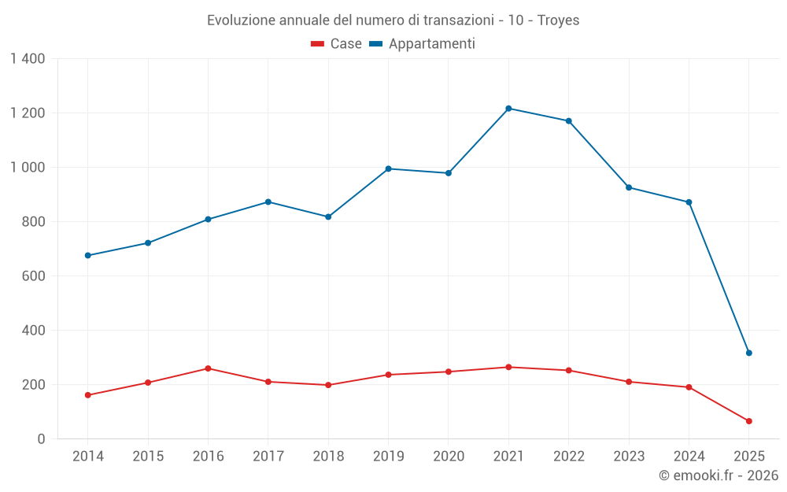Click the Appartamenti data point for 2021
click(508, 109)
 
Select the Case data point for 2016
click(208, 368)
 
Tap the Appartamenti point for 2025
click(748, 353)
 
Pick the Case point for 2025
click(748, 421)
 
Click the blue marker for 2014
click(87, 256)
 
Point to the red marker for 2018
click(328, 385)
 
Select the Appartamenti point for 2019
click(388, 168)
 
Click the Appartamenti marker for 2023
click(629, 187)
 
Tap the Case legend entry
click(336, 44)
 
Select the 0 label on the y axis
click(41, 439)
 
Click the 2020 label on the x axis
click(449, 457)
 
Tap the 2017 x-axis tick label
click(268, 457)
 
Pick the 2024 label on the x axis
click(689, 457)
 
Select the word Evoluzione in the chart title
click(241, 20)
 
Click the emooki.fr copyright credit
click(718, 475)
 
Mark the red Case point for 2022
click(568, 370)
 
